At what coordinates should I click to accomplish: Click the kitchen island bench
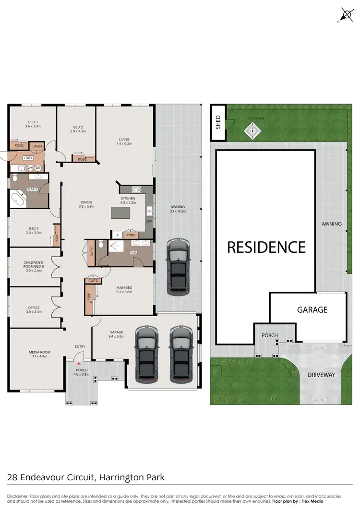123,212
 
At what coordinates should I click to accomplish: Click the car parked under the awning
178,266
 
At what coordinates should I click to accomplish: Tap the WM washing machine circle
30,167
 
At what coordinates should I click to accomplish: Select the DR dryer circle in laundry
38,167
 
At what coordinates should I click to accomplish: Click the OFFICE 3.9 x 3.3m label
34,309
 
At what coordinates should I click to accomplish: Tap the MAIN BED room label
124,289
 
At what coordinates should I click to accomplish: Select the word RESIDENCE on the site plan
266,247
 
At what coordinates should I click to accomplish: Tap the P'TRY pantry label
130,235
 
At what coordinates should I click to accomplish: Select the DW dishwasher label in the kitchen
149,222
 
